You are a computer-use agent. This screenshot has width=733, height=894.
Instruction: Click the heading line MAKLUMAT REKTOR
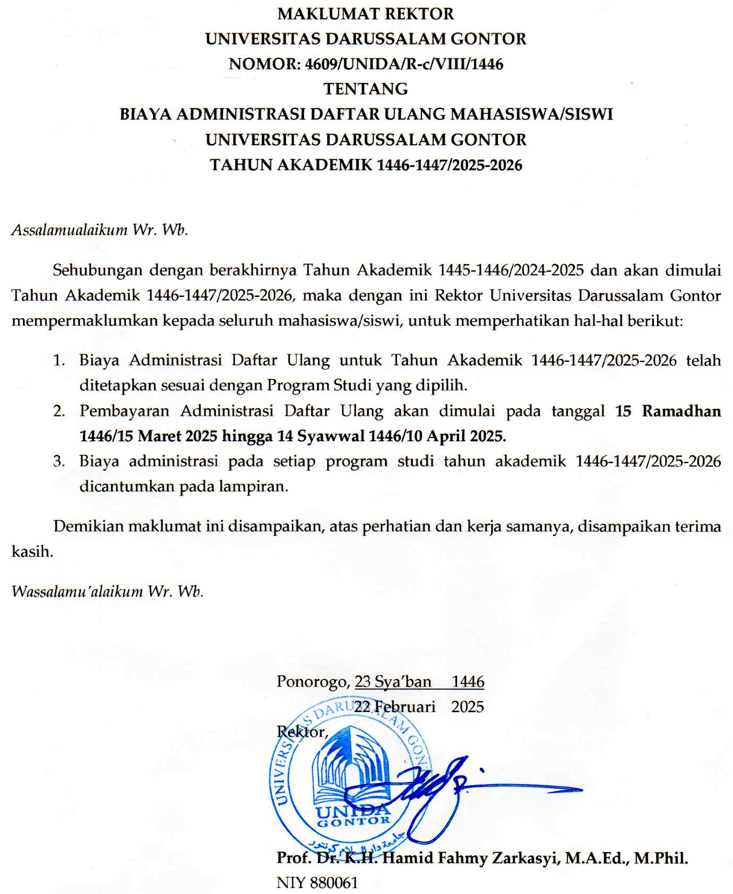[366, 13]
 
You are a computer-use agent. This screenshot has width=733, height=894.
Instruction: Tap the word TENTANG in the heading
[366, 89]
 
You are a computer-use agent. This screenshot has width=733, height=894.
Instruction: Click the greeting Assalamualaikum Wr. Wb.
[101, 228]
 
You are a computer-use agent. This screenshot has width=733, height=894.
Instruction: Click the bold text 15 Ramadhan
[664, 411]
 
